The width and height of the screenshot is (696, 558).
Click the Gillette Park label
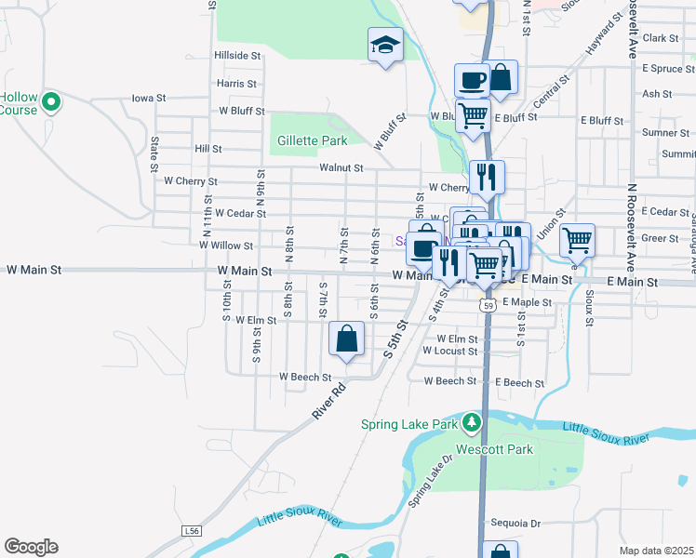click(312, 140)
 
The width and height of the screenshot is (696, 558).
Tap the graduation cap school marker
click(384, 45)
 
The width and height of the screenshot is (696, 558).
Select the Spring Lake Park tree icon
click(473, 423)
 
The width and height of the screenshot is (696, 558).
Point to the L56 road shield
click(192, 531)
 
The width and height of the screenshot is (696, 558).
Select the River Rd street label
click(328, 400)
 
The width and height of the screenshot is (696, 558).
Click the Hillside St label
click(237, 56)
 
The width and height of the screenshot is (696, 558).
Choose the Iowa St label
click(148, 98)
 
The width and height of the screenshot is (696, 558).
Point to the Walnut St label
click(341, 168)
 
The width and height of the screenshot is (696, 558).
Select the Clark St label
click(661, 38)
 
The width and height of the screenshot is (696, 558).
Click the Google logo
click(31, 546)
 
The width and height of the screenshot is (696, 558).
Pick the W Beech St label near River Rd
click(306, 377)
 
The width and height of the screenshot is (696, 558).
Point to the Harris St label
click(236, 83)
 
